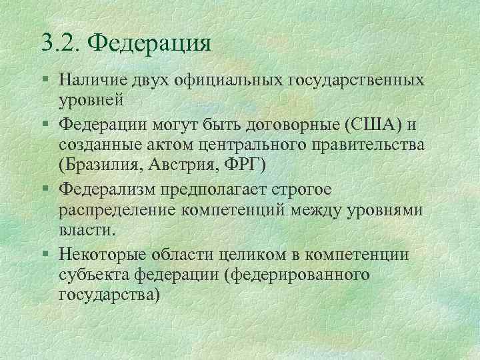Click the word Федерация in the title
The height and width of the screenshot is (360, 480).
pyautogui.click(x=149, y=44)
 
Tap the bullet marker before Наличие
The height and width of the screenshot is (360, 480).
pyautogui.click(x=45, y=81)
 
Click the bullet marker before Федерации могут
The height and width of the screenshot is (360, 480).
pyautogui.click(x=45, y=124)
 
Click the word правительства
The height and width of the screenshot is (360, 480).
pyautogui.click(x=375, y=145)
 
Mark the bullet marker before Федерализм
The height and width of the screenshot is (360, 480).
pyautogui.click(x=45, y=189)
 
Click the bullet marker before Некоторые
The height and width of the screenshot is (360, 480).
pyautogui.click(x=45, y=253)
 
